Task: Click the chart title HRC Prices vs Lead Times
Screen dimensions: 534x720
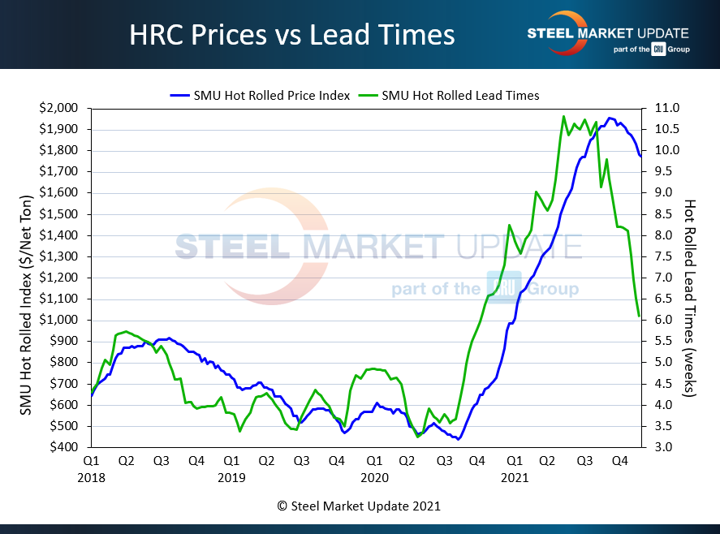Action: [292, 35]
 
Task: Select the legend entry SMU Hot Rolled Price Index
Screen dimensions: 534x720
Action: [260, 95]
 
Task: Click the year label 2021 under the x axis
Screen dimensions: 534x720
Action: [515, 478]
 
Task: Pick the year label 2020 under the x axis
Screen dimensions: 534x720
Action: [373, 478]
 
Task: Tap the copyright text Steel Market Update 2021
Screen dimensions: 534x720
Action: [359, 506]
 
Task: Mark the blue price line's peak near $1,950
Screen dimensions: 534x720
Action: [610, 118]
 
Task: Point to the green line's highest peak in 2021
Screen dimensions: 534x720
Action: [563, 116]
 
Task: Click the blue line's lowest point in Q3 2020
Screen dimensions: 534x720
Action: [458, 440]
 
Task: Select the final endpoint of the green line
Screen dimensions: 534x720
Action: [640, 316]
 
